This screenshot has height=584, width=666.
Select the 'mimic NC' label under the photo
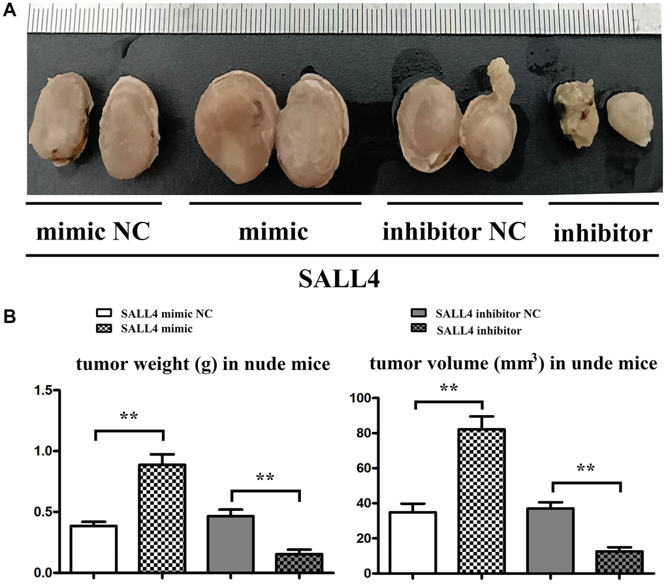click(93, 232)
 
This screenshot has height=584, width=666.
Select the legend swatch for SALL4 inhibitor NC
click(413, 315)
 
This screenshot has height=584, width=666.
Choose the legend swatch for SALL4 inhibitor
click(413, 330)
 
